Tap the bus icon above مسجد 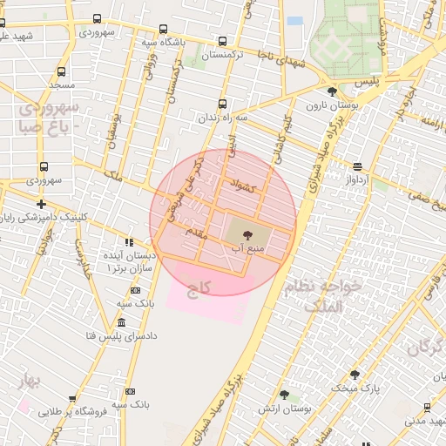pyautogui.click(x=61, y=72)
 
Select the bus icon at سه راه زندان pyautogui.click(x=222, y=103)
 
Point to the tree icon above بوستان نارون pyautogui.click(x=331, y=91)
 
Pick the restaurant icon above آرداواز pyautogui.click(x=357, y=166)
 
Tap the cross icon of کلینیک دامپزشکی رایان pyautogui.click(x=41, y=203)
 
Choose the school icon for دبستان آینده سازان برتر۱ pyautogui.click(x=129, y=243)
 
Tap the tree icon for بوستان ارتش pyautogui.click(x=284, y=395)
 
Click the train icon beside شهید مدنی pyautogui.click(x=429, y=407)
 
